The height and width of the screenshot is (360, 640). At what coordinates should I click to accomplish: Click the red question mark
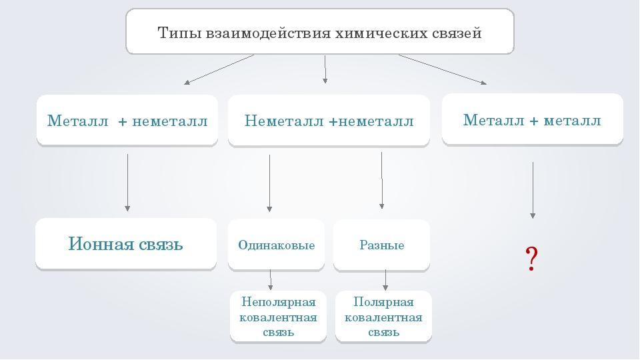tap(531, 259)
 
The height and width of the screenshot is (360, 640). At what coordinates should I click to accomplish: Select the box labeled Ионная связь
tap(126, 244)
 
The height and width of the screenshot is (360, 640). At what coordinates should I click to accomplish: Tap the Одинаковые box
tap(276, 245)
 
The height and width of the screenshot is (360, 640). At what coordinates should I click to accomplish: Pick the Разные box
tap(381, 245)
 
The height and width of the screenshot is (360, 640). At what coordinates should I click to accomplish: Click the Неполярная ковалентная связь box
tap(279, 317)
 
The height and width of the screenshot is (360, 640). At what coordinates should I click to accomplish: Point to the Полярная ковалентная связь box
tap(383, 317)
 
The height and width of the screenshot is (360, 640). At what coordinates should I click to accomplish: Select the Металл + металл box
tap(532, 119)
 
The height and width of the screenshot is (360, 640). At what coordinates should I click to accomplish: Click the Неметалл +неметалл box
tap(329, 121)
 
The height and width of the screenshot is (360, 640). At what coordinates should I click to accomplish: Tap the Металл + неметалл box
tap(127, 121)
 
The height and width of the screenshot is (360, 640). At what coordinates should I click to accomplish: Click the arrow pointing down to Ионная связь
tap(127, 183)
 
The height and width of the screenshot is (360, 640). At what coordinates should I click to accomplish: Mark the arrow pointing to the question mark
tap(533, 190)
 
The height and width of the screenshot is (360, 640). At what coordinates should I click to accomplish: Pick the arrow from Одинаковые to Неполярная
tap(270, 280)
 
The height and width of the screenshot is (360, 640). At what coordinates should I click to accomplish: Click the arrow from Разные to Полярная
tap(385, 280)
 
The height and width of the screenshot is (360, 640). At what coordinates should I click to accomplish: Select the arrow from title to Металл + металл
tap(443, 69)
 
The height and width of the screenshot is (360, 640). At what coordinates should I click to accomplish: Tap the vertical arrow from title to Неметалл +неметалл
tap(325, 69)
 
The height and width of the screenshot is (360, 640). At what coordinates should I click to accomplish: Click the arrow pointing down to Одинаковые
tap(269, 183)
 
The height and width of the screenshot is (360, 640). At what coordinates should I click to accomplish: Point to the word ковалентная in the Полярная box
tap(383, 317)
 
